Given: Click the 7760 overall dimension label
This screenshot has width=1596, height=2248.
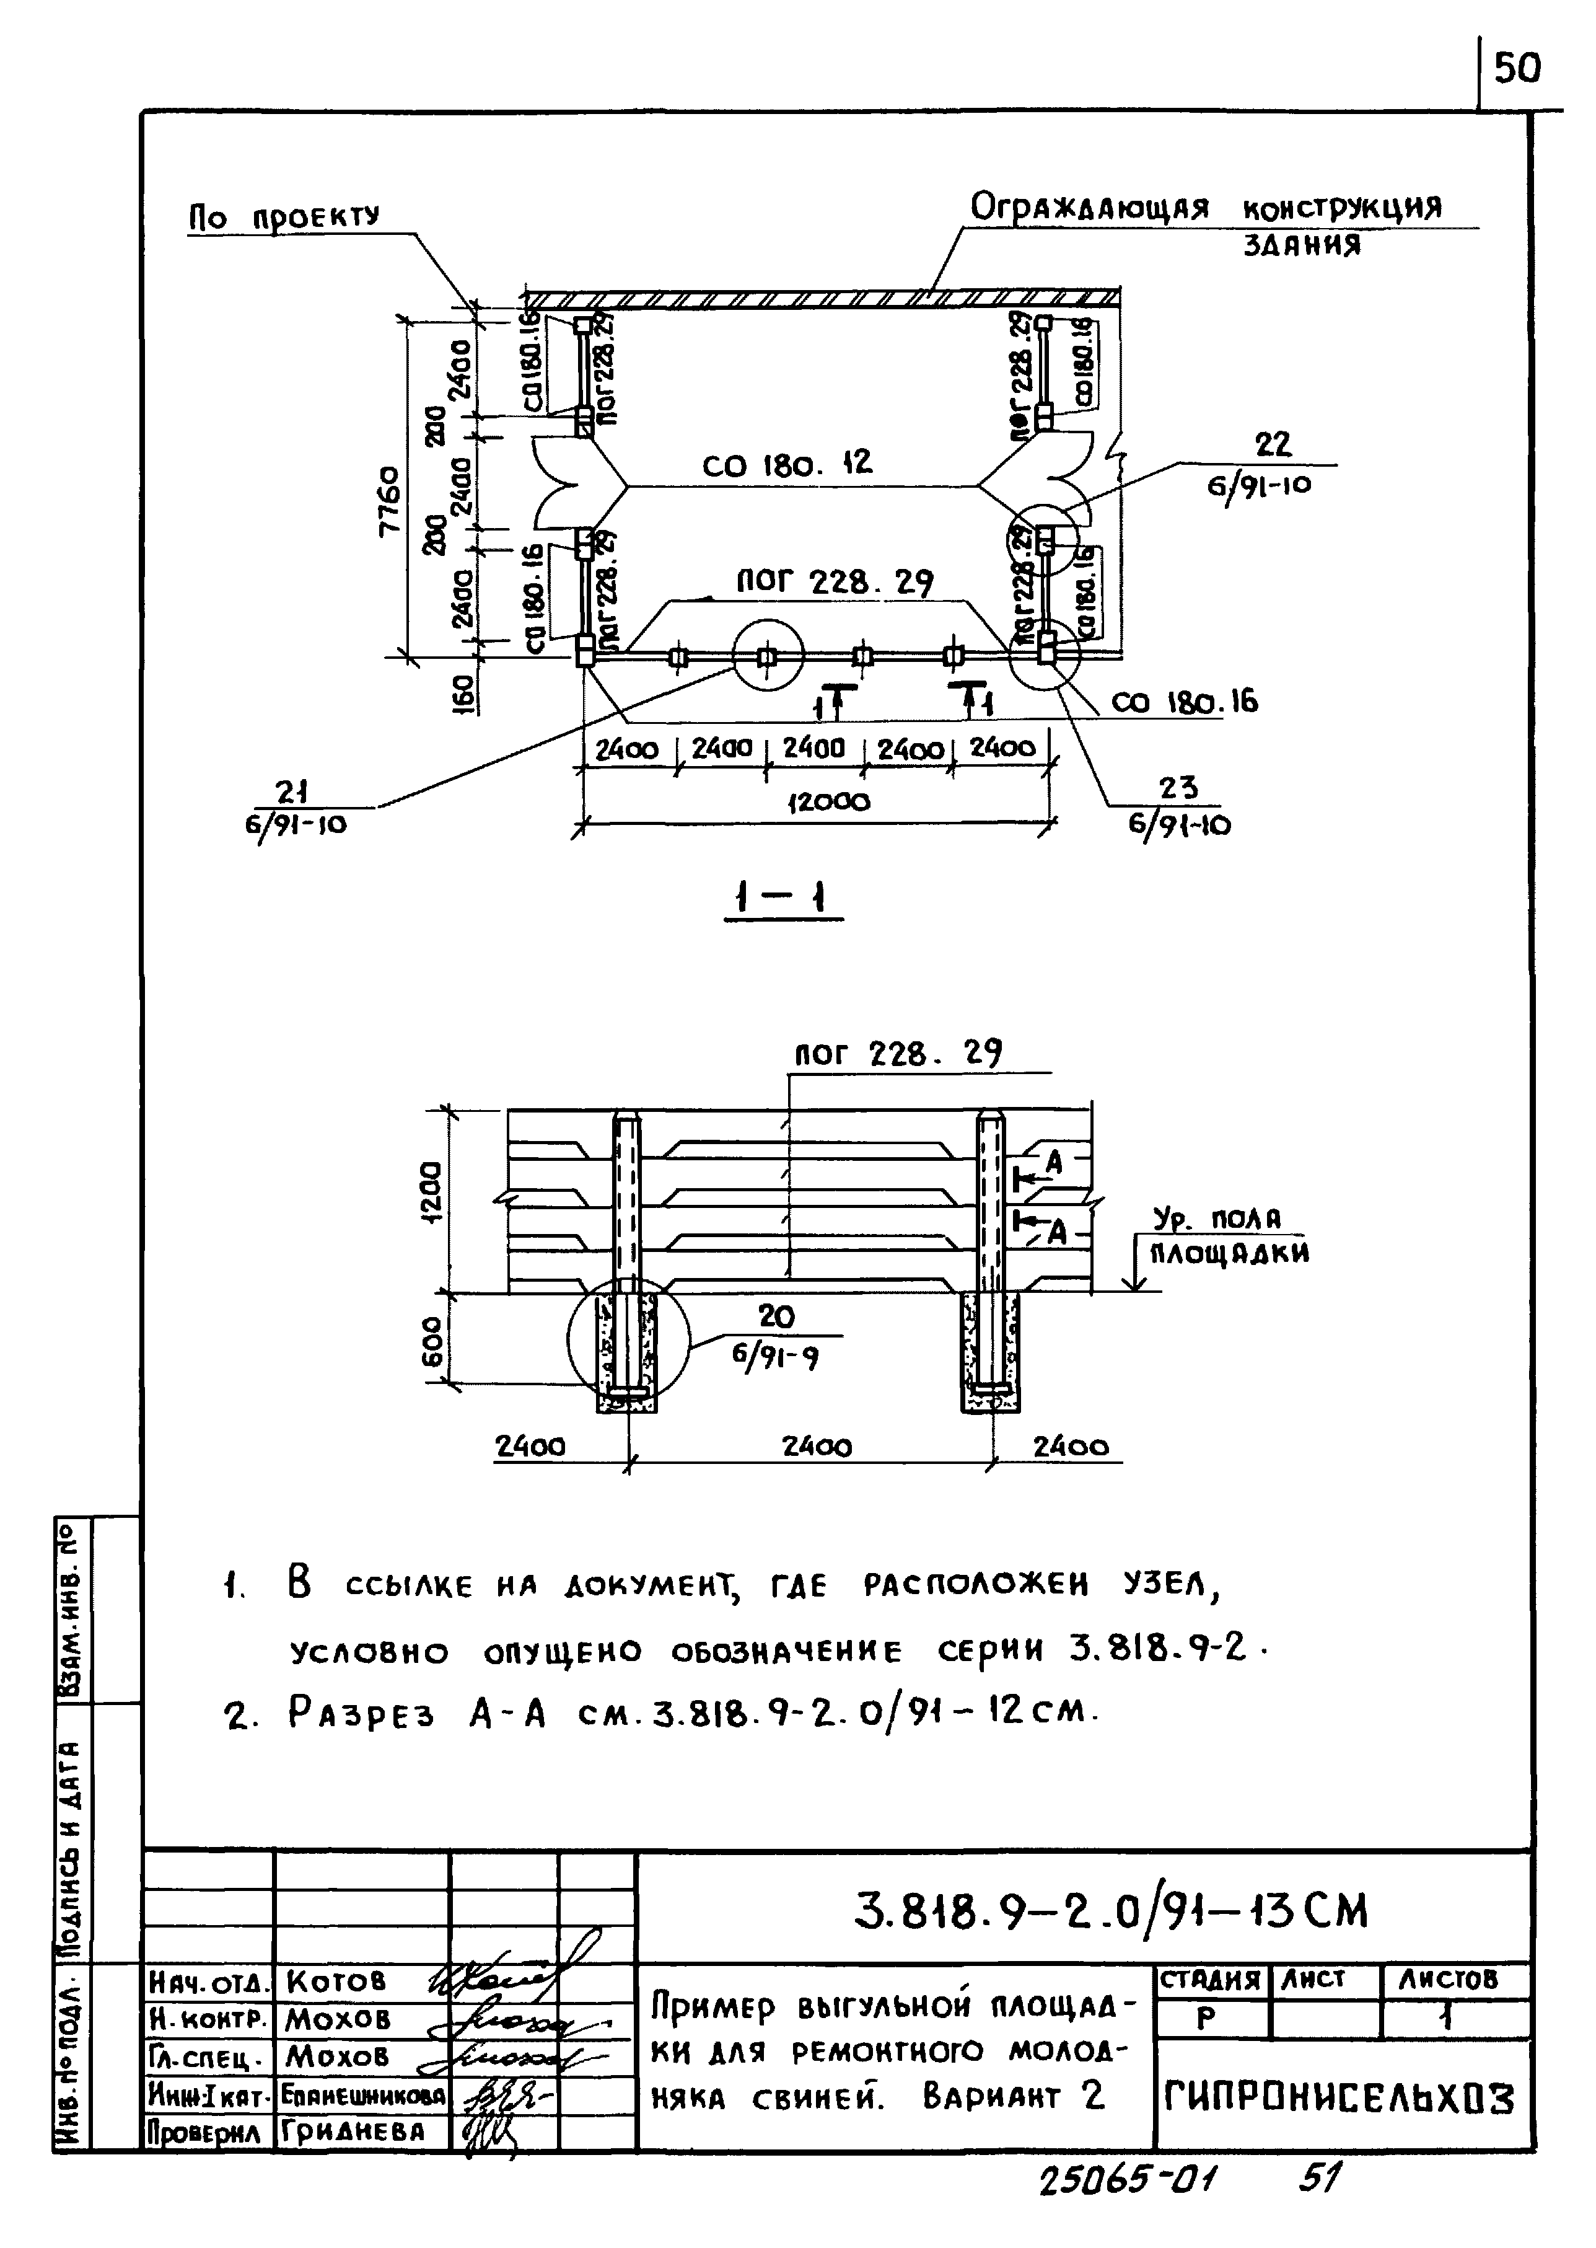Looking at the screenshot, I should point(390,500).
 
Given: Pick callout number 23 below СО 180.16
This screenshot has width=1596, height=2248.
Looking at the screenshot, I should point(1177,788).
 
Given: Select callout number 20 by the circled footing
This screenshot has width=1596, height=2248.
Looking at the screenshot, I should point(776,1315).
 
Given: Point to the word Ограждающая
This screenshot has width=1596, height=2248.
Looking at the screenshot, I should point(1089,208).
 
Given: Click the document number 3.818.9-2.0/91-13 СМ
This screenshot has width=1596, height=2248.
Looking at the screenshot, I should point(1110,1912).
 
